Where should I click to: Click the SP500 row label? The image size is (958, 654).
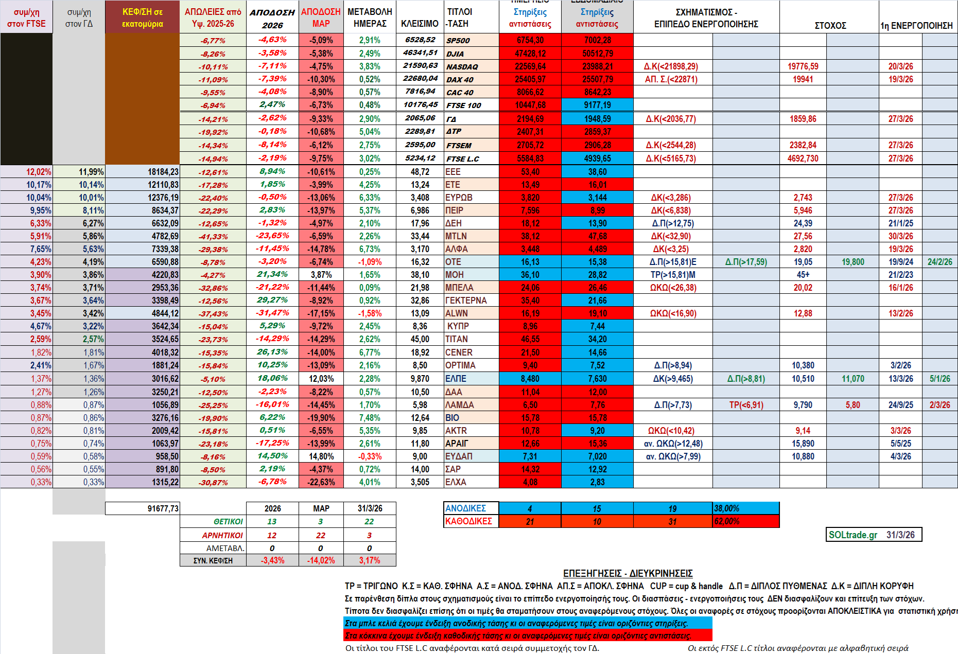458,41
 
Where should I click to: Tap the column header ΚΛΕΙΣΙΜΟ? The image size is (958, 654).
420,24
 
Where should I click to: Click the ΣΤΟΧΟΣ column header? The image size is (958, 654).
830,25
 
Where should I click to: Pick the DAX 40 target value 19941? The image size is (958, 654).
803,79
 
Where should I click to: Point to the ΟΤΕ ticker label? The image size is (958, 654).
453,262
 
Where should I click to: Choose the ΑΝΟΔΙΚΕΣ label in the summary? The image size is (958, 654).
465,508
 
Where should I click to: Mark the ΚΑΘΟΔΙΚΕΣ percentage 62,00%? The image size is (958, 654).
726,521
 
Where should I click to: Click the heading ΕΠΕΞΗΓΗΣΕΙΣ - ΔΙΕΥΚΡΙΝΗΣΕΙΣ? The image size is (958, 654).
628,573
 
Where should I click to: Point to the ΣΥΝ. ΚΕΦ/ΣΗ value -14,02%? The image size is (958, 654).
321,560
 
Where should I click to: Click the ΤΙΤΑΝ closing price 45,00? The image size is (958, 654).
420,339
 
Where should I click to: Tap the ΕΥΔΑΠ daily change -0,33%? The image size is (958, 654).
370,456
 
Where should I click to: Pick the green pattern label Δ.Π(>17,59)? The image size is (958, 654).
746,262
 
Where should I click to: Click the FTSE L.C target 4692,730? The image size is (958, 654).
803,158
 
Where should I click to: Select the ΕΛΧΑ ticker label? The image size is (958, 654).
456,482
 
